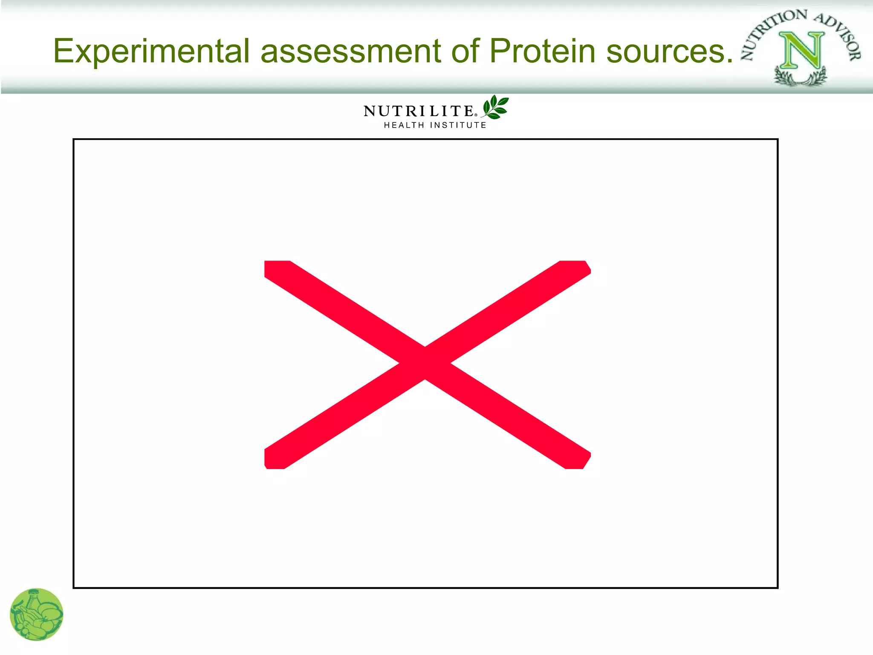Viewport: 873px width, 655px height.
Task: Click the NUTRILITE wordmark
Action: pyautogui.click(x=418, y=111)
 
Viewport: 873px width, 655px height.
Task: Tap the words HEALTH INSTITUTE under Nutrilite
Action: pyautogui.click(x=435, y=125)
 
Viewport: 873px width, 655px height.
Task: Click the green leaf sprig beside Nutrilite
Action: pyautogui.click(x=495, y=107)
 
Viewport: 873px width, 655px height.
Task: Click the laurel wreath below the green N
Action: pyautogui.click(x=801, y=78)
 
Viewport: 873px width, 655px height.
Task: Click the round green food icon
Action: pyautogui.click(x=37, y=614)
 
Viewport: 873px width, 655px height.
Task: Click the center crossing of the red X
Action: pyautogui.click(x=425, y=364)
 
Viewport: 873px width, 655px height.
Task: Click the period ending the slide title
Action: pyautogui.click(x=728, y=61)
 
